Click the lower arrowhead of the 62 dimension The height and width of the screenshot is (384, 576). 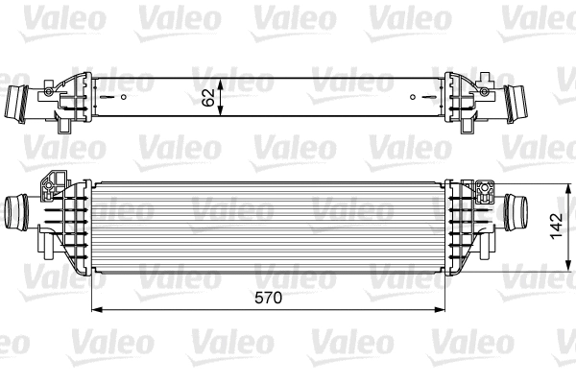pos(223,115)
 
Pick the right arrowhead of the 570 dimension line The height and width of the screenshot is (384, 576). pos(444,310)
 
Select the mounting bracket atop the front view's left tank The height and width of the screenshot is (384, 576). pos(52,183)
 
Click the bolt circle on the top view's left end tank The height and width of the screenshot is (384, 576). pos(44,92)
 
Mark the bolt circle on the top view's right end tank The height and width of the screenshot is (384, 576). pos(494,92)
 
